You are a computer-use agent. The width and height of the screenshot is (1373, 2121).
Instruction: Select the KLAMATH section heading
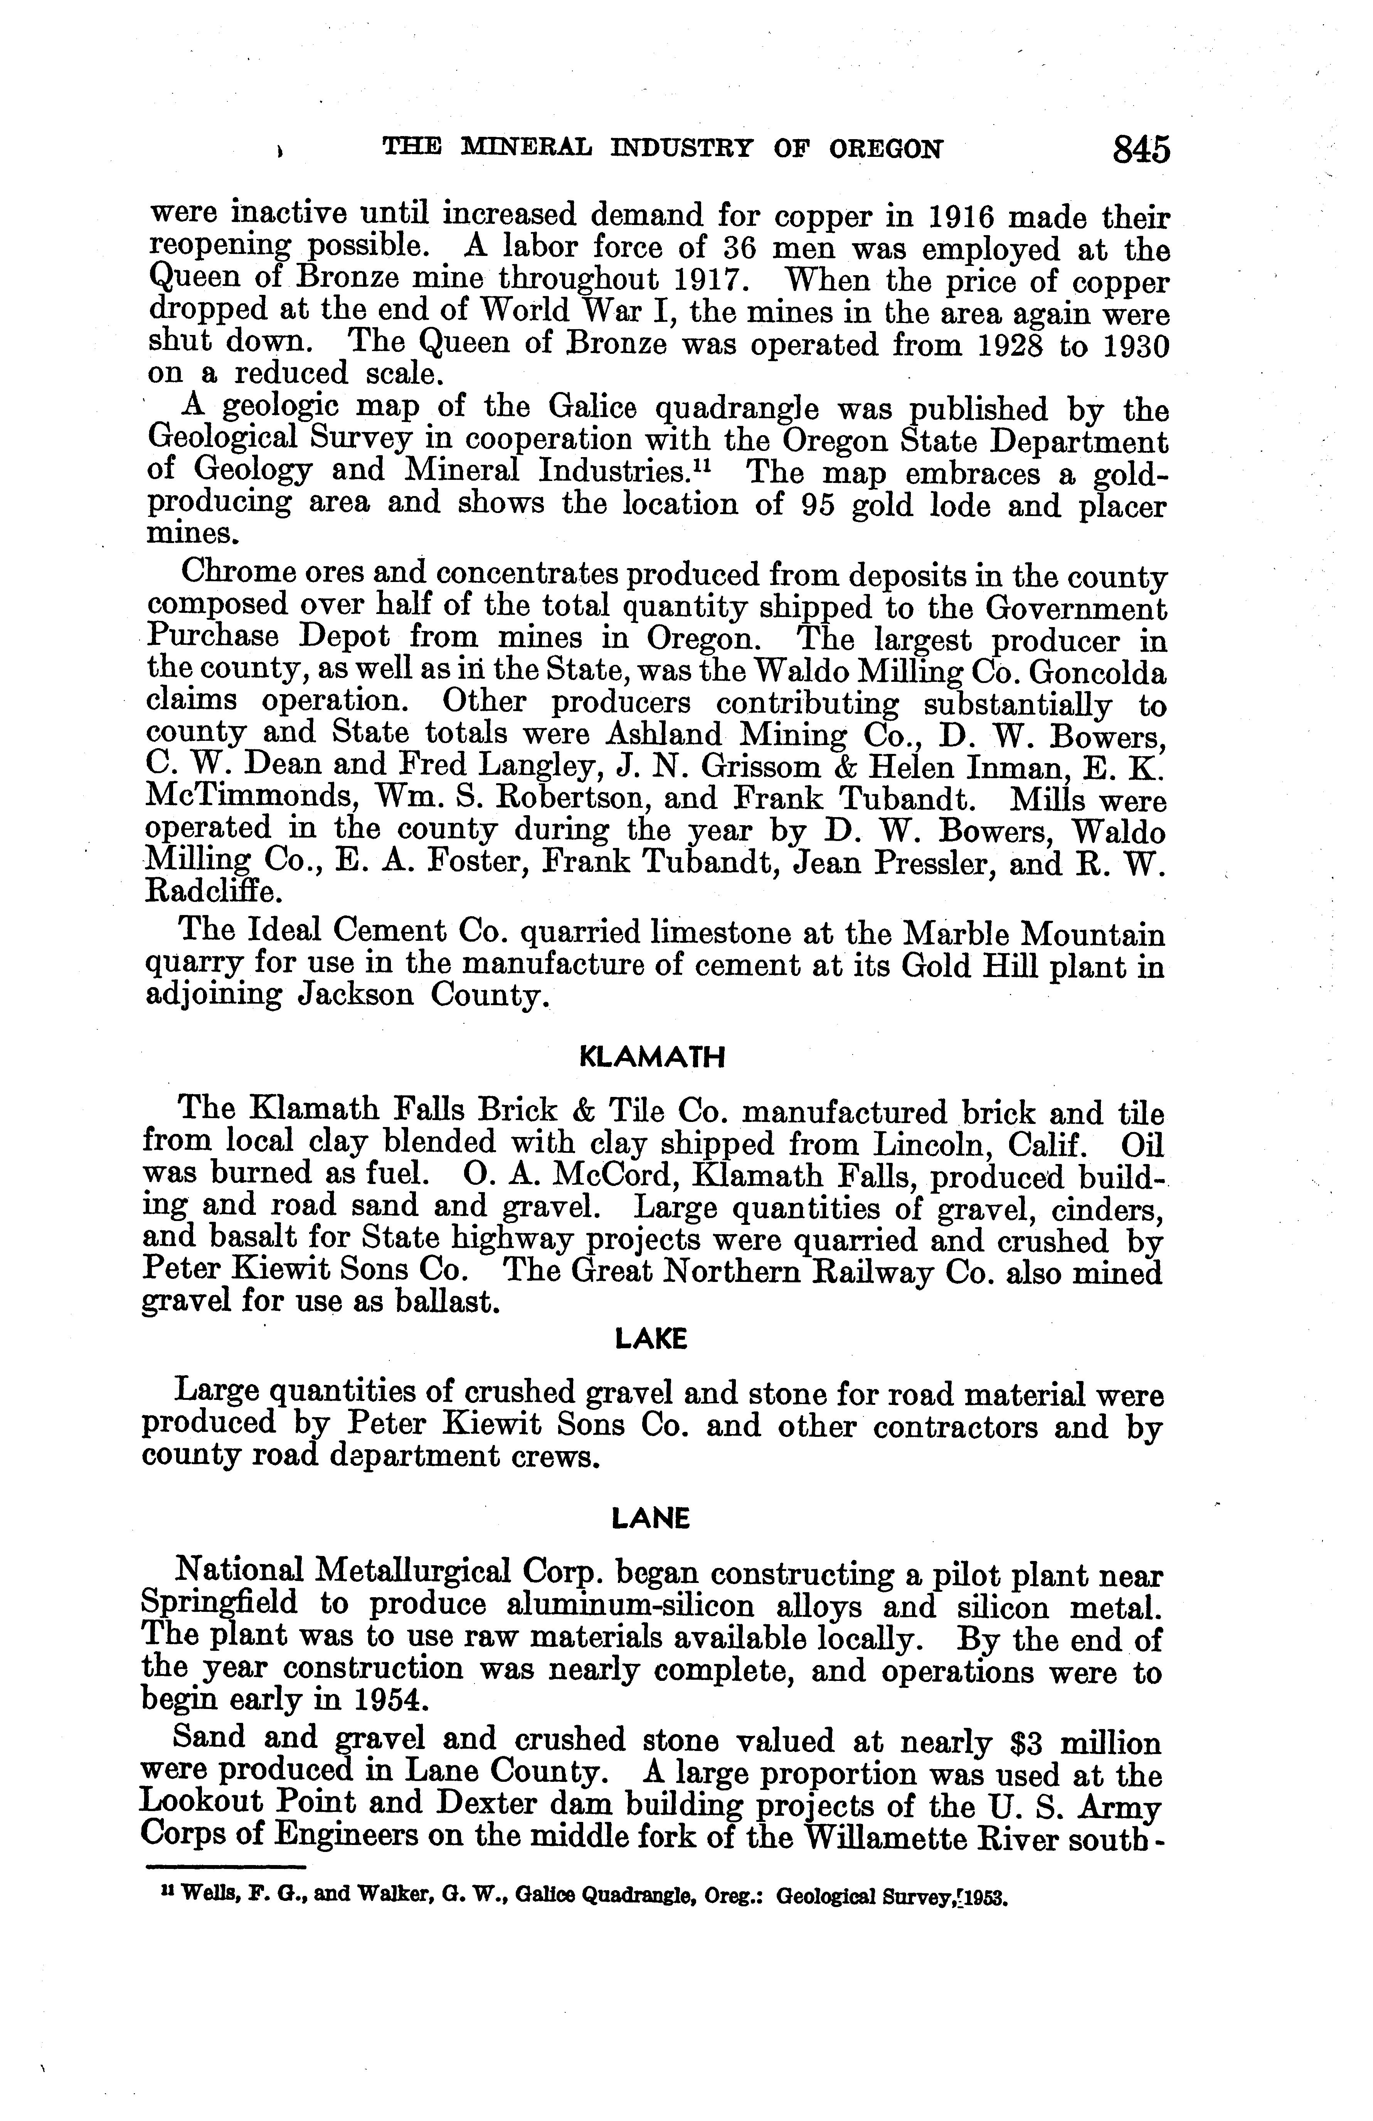tap(652, 1058)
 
